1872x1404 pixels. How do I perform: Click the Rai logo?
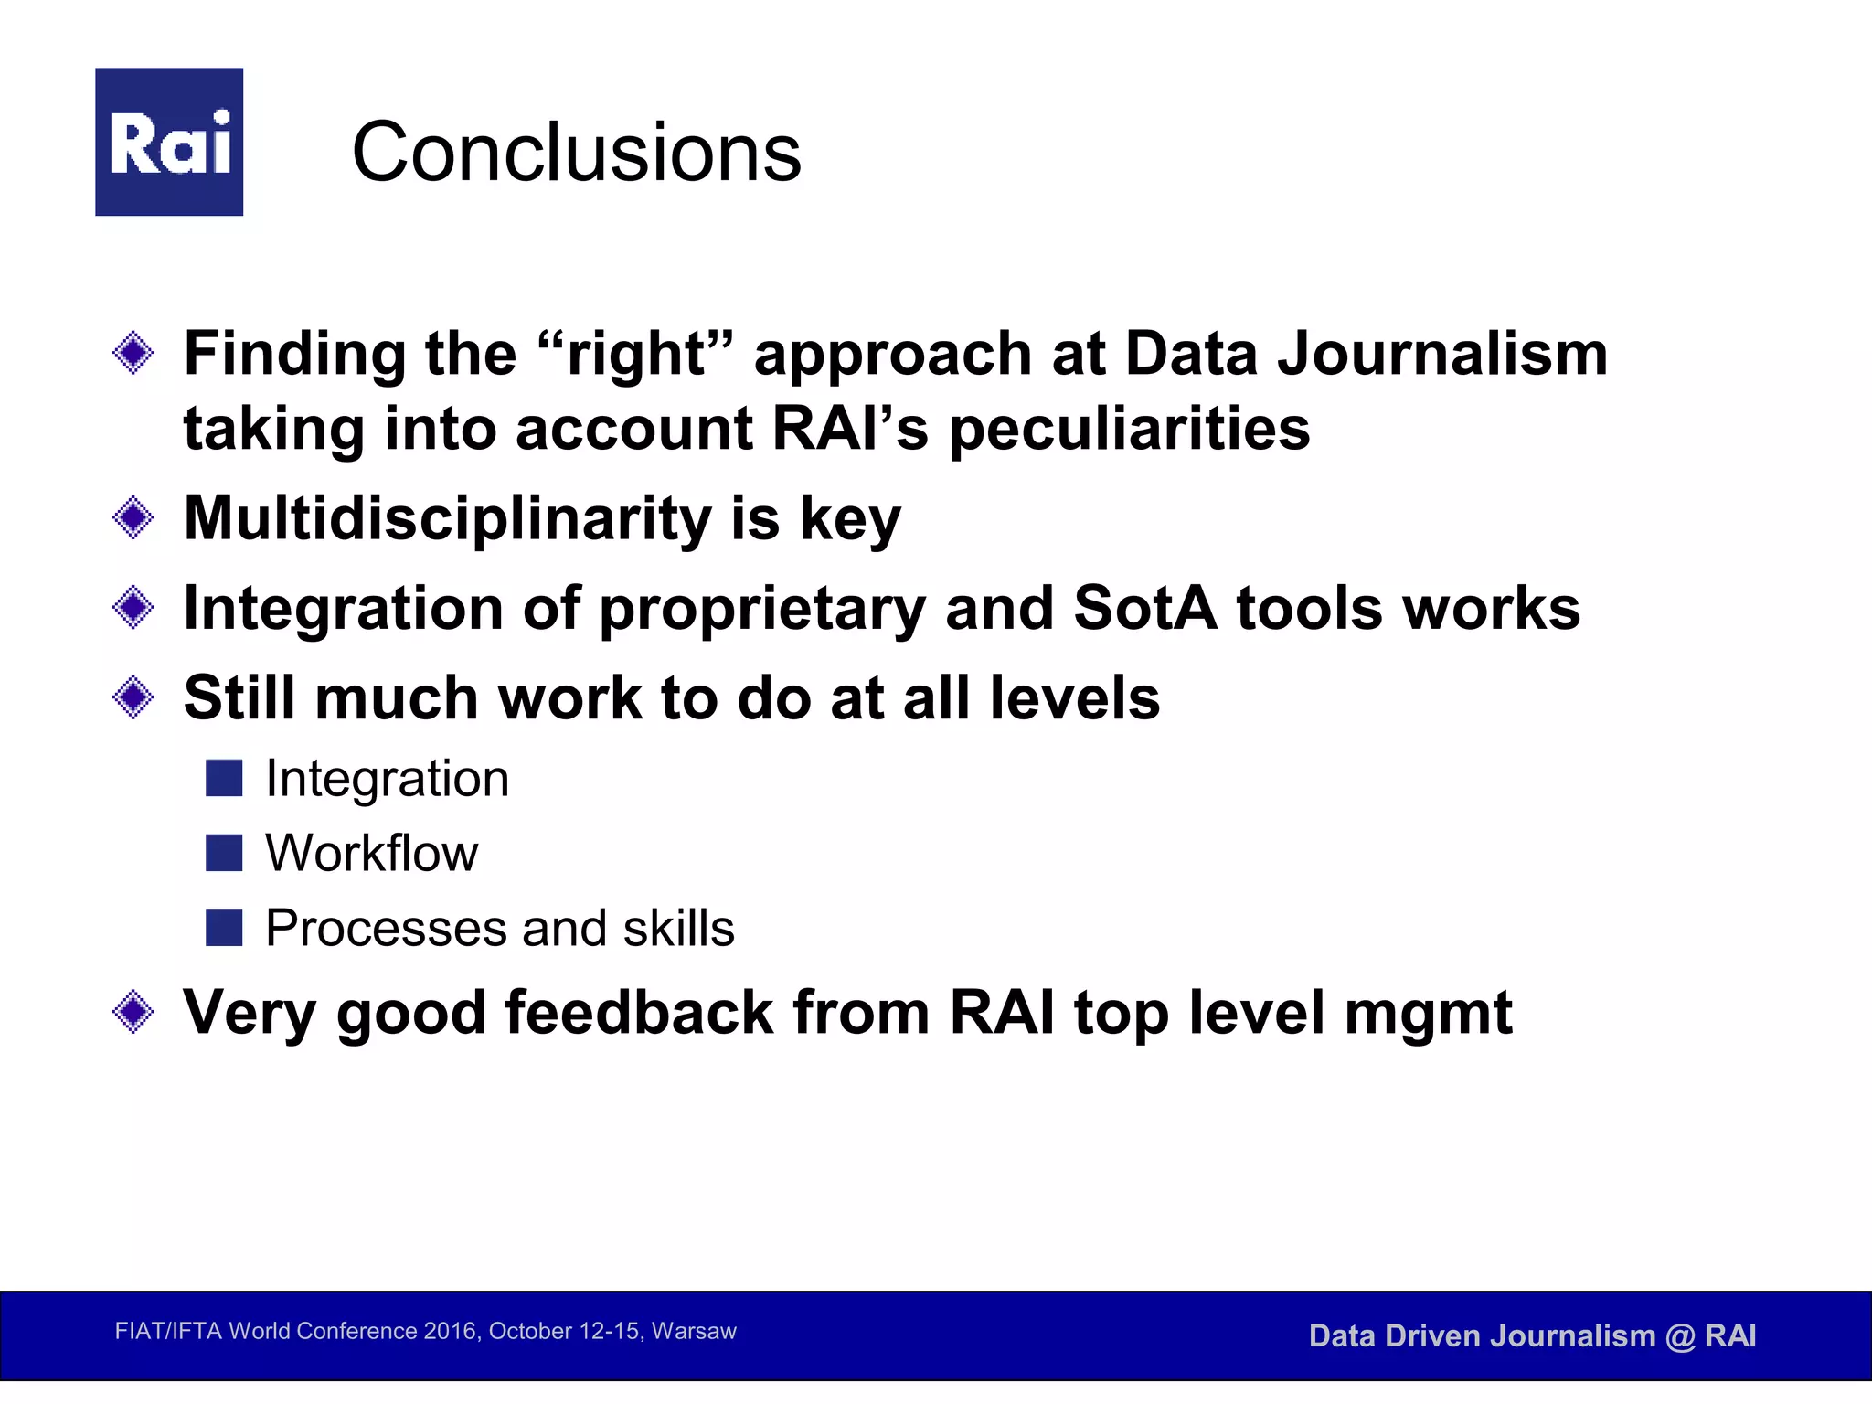169,142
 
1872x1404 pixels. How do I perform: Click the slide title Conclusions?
576,152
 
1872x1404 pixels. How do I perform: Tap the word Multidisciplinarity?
447,518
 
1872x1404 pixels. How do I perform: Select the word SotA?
1144,608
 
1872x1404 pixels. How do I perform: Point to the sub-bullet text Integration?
387,780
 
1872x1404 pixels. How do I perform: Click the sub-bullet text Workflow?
371,854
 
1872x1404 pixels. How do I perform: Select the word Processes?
385,929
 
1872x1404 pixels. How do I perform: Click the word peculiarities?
1130,429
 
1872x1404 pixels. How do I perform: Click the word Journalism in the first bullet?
1441,355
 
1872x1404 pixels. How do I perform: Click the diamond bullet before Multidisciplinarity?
133,518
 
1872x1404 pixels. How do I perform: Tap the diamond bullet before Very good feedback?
133,1012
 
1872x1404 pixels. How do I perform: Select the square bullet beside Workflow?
224,853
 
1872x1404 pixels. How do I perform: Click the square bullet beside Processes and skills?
224,928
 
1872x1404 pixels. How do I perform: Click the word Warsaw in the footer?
694,1331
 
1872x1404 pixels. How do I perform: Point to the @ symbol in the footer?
1680,1337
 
